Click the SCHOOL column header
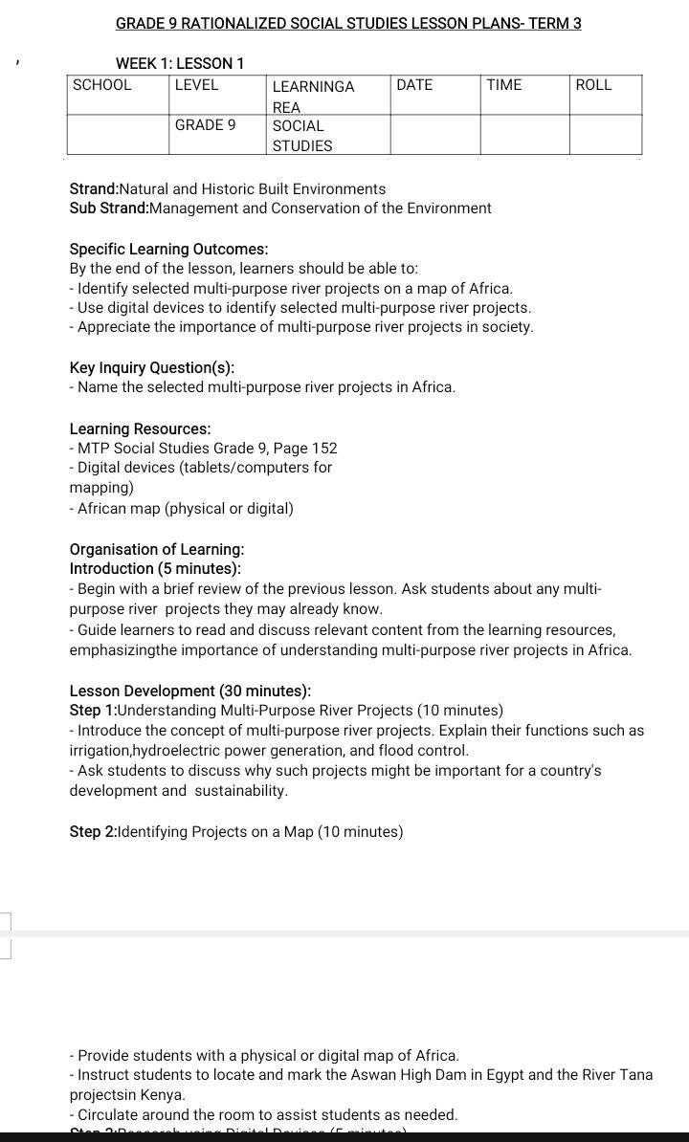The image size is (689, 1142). (x=102, y=85)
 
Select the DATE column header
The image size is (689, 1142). (x=414, y=85)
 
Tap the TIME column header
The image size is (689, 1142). (x=504, y=85)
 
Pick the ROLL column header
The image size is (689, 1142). (x=593, y=85)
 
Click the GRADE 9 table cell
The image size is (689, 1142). (x=205, y=125)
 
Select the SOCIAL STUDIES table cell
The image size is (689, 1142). (x=302, y=136)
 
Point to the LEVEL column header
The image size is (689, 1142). (x=196, y=85)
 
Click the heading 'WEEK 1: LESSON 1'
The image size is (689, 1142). (x=180, y=64)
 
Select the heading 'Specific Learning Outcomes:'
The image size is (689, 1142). (x=156, y=249)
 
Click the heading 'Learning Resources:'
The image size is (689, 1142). (x=141, y=428)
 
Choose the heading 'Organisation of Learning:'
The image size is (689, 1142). (x=157, y=549)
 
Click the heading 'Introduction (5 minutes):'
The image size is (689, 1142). (x=155, y=569)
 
